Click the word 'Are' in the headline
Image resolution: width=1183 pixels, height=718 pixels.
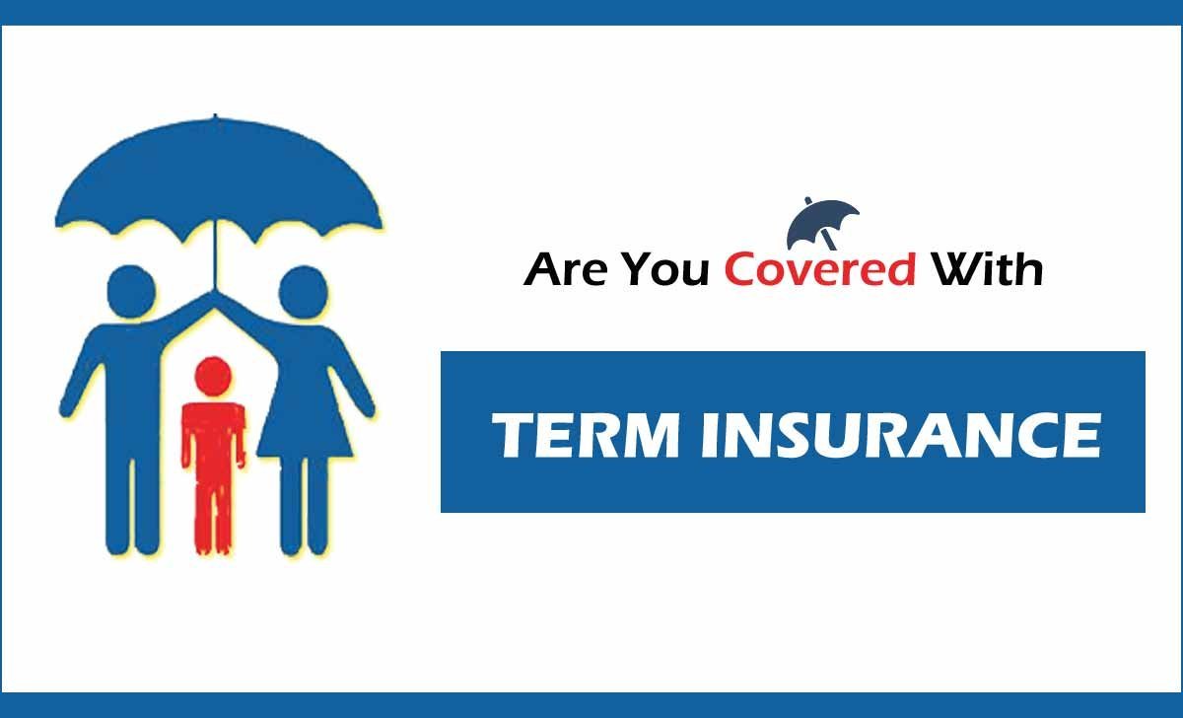point(566,269)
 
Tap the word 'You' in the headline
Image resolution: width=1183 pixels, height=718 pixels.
point(664,269)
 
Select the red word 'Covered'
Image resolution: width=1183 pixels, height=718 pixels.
point(820,269)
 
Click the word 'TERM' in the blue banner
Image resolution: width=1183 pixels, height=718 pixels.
point(586,435)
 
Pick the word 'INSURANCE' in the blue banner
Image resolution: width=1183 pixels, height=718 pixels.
point(901,435)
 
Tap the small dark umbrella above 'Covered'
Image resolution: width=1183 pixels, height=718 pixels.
point(823,224)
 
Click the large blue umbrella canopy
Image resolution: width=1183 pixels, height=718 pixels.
point(219,179)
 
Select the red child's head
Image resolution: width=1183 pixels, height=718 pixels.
point(213,376)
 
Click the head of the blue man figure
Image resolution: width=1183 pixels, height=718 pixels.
point(131,291)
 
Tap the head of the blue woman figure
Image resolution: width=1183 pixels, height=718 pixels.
point(304,292)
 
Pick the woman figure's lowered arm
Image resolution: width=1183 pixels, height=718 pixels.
point(351,377)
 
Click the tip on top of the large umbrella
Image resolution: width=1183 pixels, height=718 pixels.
point(215,115)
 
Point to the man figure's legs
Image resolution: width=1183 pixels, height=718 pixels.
point(132,505)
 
